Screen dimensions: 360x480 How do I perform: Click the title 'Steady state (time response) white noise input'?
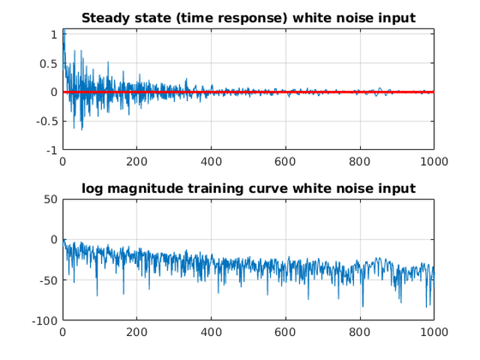click(x=248, y=17)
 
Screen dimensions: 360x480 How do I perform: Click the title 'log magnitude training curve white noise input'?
click(x=248, y=187)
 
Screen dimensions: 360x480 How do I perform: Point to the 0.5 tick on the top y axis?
click(x=49, y=63)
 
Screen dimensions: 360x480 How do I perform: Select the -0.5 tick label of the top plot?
click(x=47, y=121)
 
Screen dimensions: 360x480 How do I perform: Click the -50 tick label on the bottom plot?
click(x=47, y=280)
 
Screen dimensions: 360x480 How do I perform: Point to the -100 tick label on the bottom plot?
click(x=44, y=320)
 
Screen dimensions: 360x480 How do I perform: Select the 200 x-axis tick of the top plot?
click(x=136, y=160)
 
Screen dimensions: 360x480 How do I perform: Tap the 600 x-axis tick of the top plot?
click(x=285, y=160)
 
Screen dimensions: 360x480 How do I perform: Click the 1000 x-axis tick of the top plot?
click(x=433, y=160)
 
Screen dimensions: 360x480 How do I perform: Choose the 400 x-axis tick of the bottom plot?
click(x=211, y=331)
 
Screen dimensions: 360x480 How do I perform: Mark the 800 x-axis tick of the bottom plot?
click(x=359, y=331)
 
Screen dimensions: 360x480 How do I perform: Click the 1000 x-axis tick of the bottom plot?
click(x=433, y=331)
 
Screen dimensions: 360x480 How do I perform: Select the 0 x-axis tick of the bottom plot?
click(x=62, y=331)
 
